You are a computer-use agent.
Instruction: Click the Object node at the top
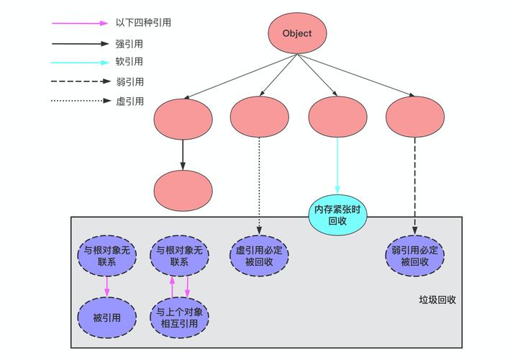point(297,33)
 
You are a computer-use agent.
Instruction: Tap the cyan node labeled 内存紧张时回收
point(337,215)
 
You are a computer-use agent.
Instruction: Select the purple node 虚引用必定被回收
point(259,256)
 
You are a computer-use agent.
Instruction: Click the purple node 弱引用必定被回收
point(414,256)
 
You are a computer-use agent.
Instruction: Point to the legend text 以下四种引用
point(143,22)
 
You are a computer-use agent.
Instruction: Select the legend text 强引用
point(129,42)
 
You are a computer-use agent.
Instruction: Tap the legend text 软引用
point(129,62)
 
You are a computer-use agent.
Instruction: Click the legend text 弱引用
point(129,82)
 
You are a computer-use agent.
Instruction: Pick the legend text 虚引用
point(129,102)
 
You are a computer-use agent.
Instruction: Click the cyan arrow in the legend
point(79,62)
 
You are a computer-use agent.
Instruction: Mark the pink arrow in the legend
point(79,22)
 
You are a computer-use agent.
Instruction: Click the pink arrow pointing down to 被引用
point(106,287)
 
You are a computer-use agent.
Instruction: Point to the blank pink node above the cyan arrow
point(337,117)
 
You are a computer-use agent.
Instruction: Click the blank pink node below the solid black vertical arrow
point(183,191)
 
